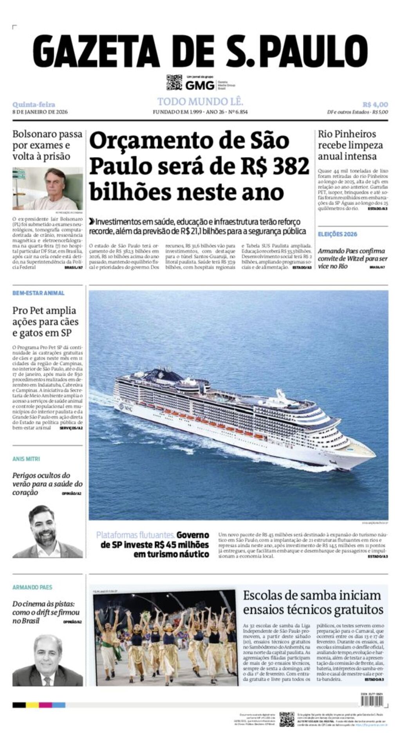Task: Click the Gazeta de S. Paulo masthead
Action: pos(200,51)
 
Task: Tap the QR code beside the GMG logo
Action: pos(174,83)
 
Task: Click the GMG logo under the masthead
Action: pos(200,85)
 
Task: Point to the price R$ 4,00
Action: pos(375,105)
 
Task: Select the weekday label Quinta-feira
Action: pos(34,105)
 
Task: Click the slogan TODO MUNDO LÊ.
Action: pos(200,102)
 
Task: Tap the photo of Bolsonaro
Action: pos(47,189)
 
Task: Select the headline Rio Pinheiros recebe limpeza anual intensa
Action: pos(350,145)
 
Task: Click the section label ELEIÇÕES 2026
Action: pos(338,234)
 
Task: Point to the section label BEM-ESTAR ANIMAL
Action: pos(38,293)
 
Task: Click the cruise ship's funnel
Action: pos(161,373)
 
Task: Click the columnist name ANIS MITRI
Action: pos(26,459)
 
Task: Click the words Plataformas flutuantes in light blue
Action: pos(135,535)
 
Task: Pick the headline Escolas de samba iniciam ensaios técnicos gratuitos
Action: pos(313,602)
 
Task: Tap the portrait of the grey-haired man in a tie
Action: pos(47,661)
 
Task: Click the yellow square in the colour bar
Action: pos(32,705)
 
